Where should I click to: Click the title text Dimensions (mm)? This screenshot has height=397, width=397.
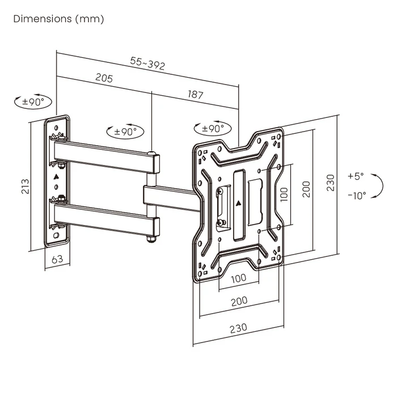click(58, 19)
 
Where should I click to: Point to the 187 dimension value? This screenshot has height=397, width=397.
click(195, 95)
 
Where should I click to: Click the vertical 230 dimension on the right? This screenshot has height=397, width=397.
click(331, 183)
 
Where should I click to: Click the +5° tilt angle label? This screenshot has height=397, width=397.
click(356, 176)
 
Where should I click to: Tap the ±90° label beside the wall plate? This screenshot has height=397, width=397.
click(33, 103)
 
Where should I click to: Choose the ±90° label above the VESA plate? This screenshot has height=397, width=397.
click(212, 129)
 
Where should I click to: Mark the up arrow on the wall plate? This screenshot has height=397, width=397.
click(56, 176)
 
